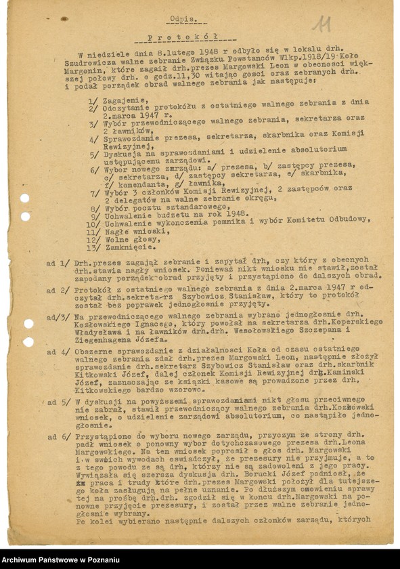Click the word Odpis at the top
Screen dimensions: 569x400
point(184,20)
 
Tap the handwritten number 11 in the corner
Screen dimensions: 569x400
point(322,25)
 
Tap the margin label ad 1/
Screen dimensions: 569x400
point(55,260)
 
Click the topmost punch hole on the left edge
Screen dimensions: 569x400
point(25,198)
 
